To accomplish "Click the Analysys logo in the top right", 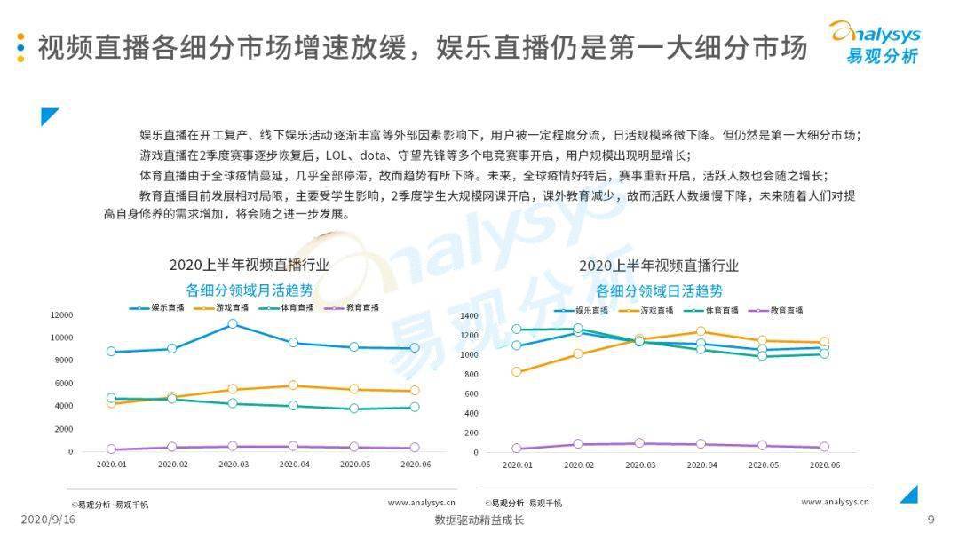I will tap(875, 42).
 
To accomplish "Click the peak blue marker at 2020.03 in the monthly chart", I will tap(233, 324).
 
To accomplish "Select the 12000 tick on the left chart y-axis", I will tap(61, 314).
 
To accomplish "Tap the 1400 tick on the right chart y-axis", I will tap(470, 315).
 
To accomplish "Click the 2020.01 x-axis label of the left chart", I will tap(111, 464).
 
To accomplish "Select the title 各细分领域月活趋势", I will tap(250, 289).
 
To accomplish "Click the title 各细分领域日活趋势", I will tap(659, 290).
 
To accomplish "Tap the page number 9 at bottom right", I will tap(931, 520).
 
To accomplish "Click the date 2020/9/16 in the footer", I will tap(48, 520).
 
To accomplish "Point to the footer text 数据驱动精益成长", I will tap(479, 520).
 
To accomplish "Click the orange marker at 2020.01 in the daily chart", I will tap(517, 371).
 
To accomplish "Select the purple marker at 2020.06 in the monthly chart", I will tap(415, 448).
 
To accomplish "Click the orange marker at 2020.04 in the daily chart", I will tap(701, 332).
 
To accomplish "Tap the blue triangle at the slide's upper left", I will tap(49, 116).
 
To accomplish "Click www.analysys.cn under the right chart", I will tap(835, 503).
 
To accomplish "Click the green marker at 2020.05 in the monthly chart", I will tap(354, 409).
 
